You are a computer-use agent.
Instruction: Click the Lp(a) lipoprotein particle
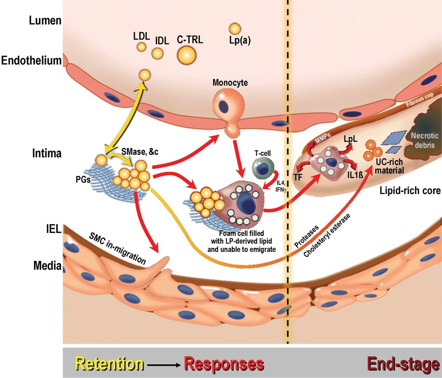click(x=235, y=29)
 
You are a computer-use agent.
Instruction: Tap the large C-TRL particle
click(x=186, y=55)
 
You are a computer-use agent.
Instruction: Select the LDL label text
click(x=141, y=36)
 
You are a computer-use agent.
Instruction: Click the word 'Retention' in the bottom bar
click(x=109, y=364)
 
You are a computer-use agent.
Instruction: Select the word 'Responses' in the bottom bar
click(x=224, y=364)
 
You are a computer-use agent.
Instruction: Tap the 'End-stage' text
click(x=403, y=364)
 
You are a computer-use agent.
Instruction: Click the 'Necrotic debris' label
click(x=424, y=140)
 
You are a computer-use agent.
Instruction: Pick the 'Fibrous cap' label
click(x=419, y=100)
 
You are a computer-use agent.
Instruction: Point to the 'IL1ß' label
click(x=355, y=175)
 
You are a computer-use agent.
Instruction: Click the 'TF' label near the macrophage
click(x=298, y=178)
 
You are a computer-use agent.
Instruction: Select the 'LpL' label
click(x=350, y=139)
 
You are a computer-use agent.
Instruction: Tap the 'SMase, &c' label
click(x=140, y=151)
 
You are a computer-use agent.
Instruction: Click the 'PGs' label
click(x=83, y=180)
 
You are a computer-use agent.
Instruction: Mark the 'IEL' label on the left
click(x=54, y=229)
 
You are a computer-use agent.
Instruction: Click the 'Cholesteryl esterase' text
click(x=327, y=235)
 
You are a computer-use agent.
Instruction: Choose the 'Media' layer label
click(x=47, y=265)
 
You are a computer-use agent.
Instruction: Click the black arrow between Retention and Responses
click(x=163, y=365)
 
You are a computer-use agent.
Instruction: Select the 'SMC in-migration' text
click(x=117, y=248)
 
